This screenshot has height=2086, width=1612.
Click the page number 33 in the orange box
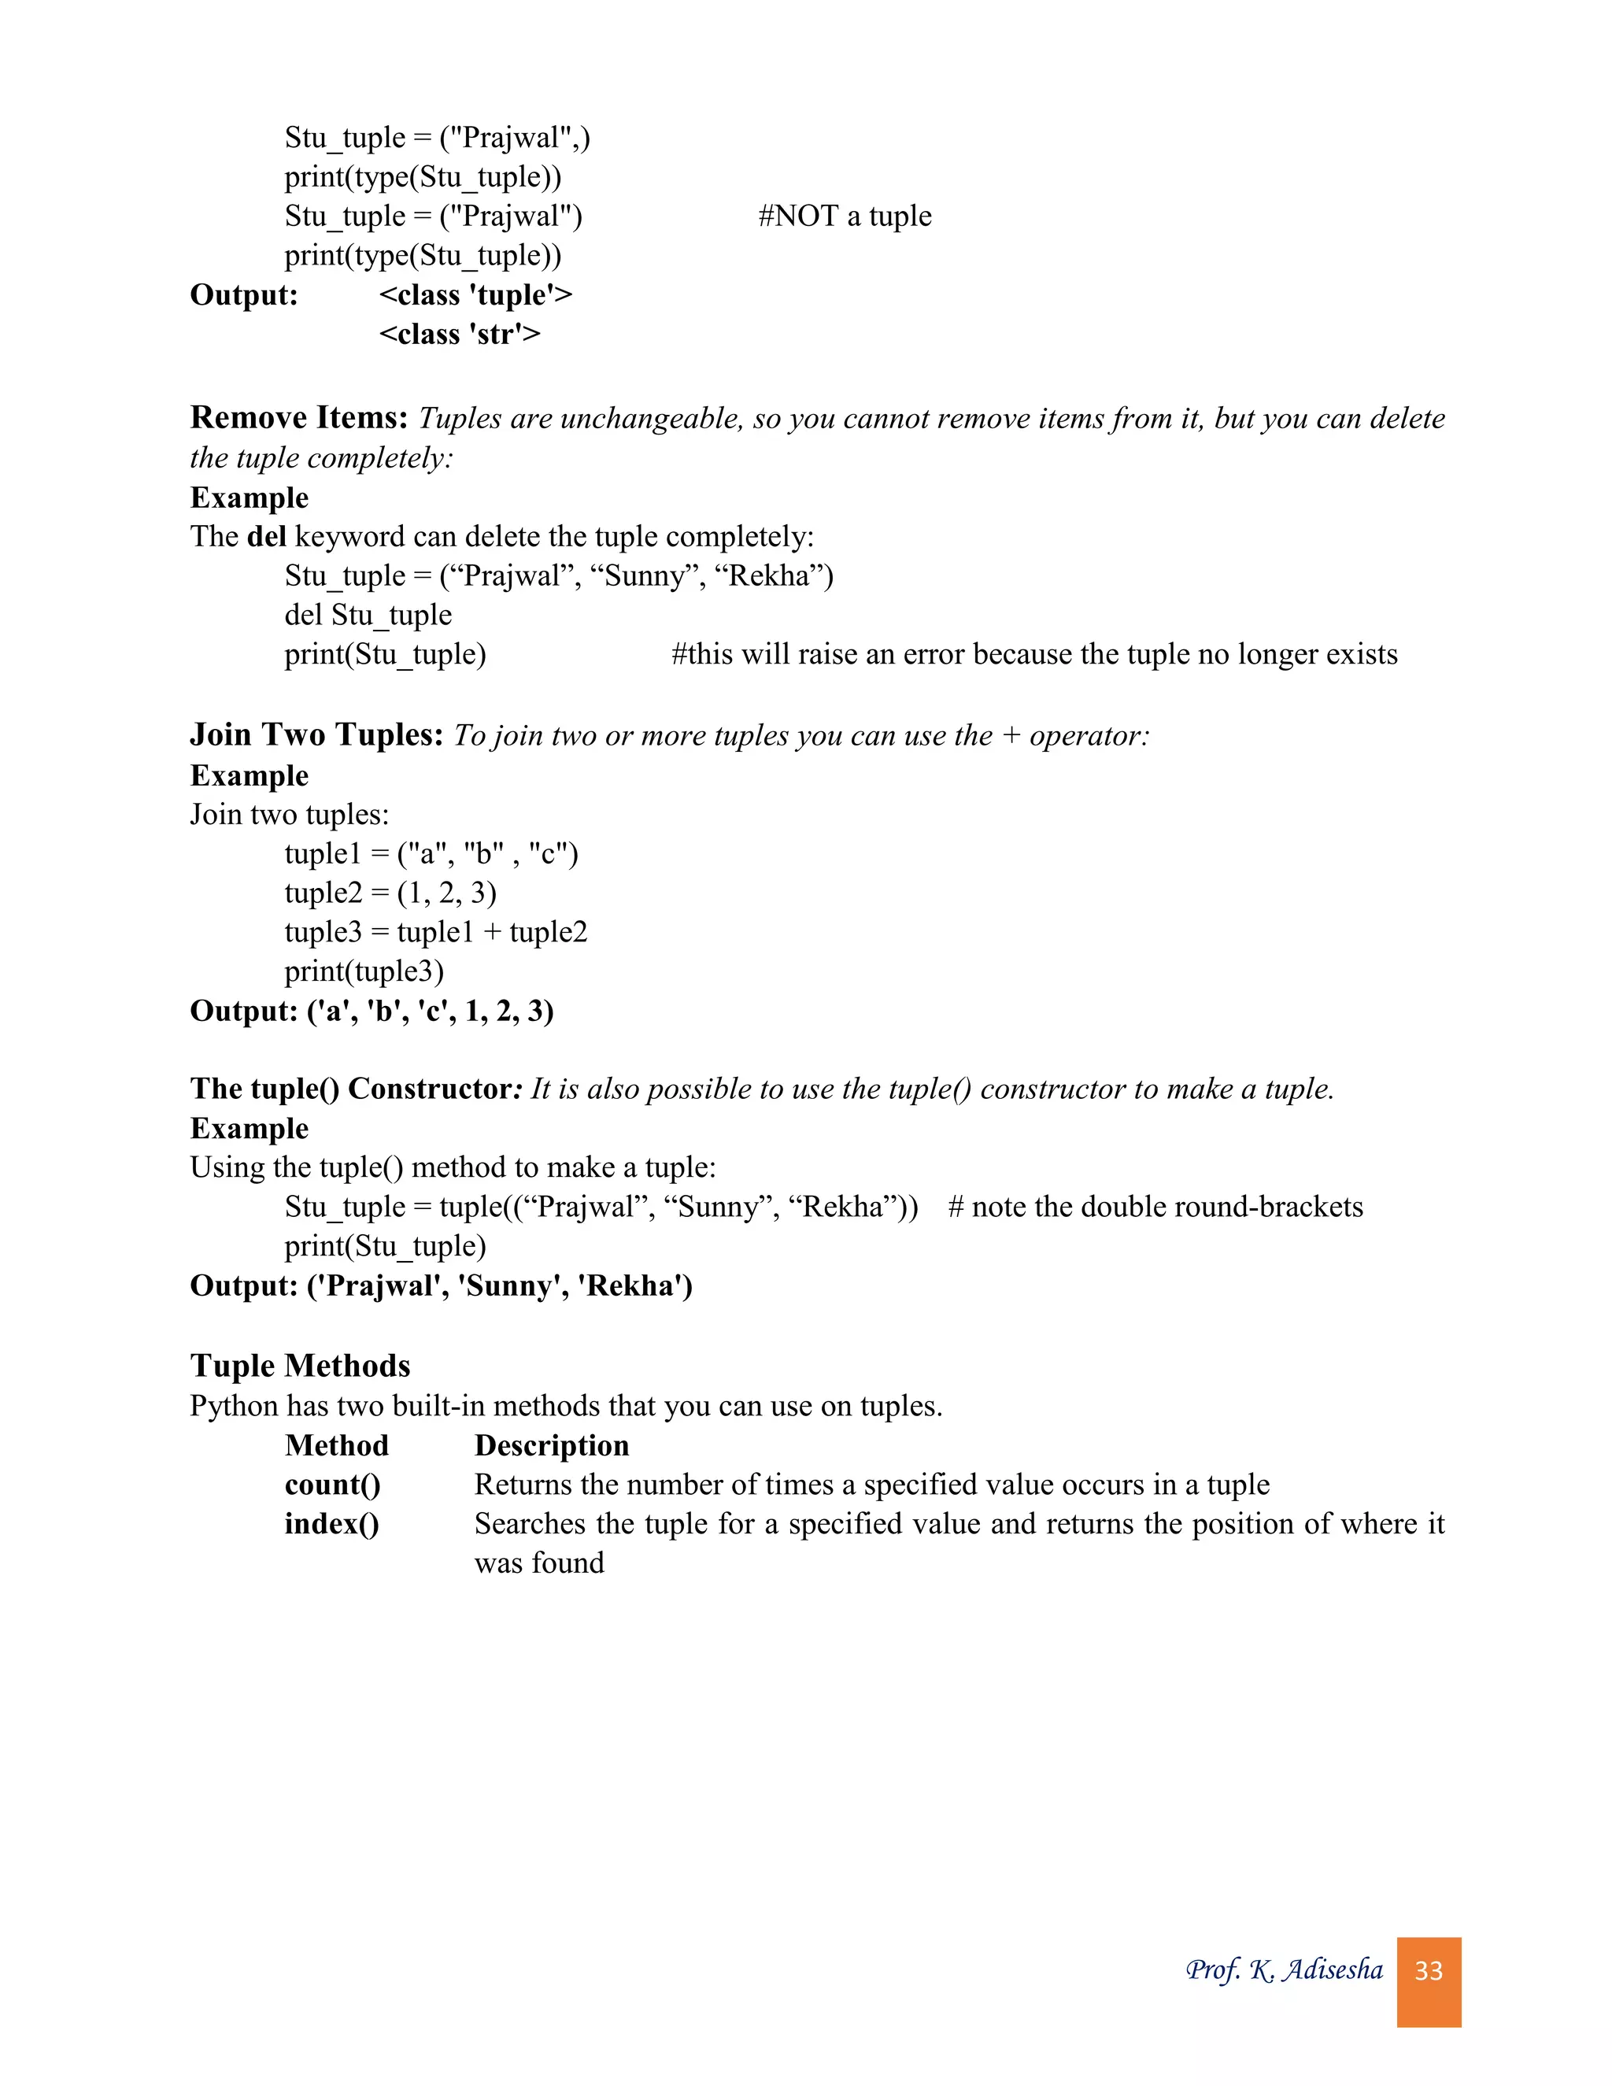pos(1428,1970)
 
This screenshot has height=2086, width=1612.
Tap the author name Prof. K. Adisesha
pos(1284,1969)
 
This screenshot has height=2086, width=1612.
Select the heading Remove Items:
pos(299,417)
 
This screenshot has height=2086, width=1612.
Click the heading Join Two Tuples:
pos(316,734)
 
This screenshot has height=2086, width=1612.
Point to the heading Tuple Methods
pos(300,1366)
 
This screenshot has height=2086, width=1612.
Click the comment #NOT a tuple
pos(845,216)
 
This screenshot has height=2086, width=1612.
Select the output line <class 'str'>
pos(460,335)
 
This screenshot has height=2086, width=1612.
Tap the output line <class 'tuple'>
pos(475,295)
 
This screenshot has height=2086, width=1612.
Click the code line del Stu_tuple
pos(368,615)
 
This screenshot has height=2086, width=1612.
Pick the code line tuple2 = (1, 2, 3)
pos(390,893)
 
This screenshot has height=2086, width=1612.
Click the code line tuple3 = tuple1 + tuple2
pos(435,932)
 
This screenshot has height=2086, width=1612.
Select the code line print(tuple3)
pos(364,971)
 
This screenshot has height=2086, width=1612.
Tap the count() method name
pos(332,1485)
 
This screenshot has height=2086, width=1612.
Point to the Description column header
pos(551,1446)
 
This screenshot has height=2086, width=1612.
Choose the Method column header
pos(336,1446)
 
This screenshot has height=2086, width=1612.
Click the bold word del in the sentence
pos(267,537)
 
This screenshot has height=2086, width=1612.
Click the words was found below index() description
pos(538,1563)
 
